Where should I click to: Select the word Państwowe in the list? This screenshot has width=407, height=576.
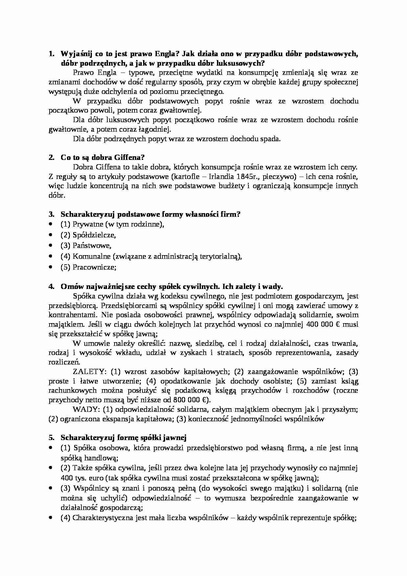(x=92, y=245)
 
